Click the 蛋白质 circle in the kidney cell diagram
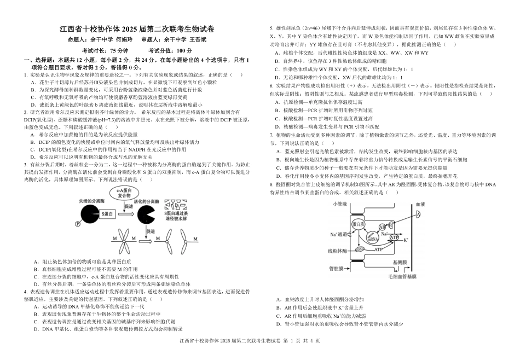click(357, 224)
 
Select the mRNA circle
click(372, 239)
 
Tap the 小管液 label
click(340, 204)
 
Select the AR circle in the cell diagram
click(383, 227)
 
